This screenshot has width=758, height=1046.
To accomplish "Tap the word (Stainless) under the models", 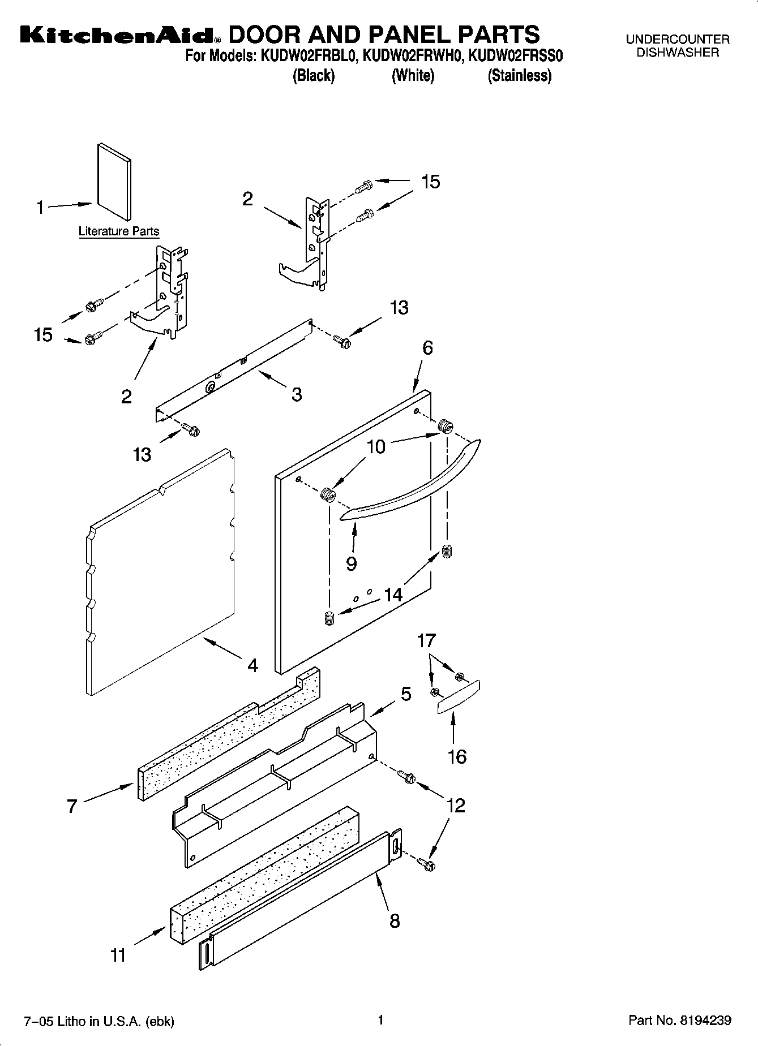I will [x=519, y=75].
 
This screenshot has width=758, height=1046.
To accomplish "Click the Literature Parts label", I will [x=119, y=231].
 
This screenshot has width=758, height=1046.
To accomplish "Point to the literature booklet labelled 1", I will [x=114, y=182].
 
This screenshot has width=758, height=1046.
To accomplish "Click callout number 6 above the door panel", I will [x=427, y=348].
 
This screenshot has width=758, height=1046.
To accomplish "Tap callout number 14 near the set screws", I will [x=393, y=595].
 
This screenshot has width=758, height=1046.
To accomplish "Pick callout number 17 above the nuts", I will [x=426, y=641].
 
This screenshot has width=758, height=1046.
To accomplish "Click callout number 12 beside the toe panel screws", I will [x=456, y=805].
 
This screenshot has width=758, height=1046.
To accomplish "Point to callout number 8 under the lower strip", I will [x=395, y=921].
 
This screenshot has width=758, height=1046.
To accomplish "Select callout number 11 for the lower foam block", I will [x=118, y=955].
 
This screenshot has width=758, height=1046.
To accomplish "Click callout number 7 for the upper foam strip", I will [x=72, y=806].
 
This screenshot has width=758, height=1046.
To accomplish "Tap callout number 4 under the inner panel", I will [x=252, y=665].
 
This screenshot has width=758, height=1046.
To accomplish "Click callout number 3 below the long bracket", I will [x=297, y=394].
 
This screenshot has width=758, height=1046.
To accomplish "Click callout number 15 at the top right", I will [x=431, y=182].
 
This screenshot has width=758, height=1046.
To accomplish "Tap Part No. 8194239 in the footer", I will [x=680, y=1021].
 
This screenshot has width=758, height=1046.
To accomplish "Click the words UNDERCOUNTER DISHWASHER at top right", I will [x=677, y=46].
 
